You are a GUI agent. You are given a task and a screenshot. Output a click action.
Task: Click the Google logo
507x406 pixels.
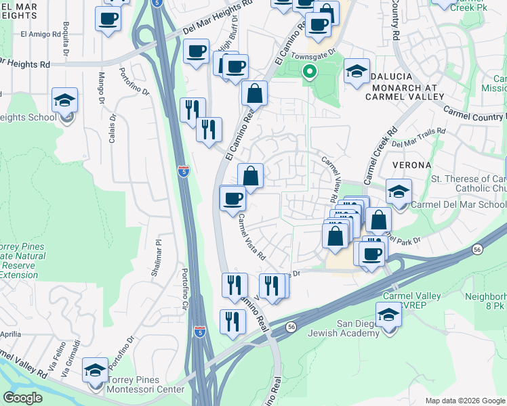[22, 398]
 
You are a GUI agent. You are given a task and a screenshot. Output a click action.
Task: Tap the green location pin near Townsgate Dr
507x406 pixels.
[310, 71]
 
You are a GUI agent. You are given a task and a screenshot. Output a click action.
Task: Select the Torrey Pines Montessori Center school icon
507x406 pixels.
[96, 371]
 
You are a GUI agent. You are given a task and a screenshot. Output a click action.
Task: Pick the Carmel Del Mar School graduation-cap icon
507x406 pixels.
[399, 191]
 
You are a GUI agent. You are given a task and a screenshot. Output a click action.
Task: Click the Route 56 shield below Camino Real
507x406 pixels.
[291, 326]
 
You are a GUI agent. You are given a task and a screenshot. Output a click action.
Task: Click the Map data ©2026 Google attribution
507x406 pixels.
[465, 401]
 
